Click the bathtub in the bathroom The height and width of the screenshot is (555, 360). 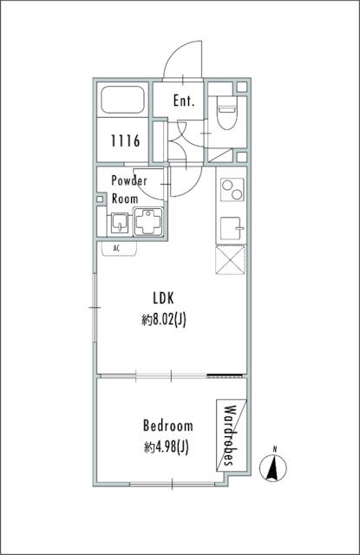122,100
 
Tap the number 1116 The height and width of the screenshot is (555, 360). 125,140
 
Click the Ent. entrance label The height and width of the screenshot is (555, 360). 184,101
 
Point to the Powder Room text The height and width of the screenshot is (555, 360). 129,189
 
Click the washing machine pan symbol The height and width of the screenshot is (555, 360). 148,222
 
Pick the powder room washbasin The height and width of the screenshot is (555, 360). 120,223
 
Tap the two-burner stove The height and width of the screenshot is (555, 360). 232,190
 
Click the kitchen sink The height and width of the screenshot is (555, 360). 232,228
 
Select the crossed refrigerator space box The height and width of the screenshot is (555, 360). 231,260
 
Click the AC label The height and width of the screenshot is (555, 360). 116,248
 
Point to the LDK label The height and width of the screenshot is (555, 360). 164,298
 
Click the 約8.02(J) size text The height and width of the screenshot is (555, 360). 164,320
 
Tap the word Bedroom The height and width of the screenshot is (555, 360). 167,425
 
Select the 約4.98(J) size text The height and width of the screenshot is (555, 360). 166,447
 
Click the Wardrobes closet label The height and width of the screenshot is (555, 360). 230,435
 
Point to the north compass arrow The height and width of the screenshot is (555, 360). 273,468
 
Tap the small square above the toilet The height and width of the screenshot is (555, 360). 242,87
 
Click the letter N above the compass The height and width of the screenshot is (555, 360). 275,449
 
